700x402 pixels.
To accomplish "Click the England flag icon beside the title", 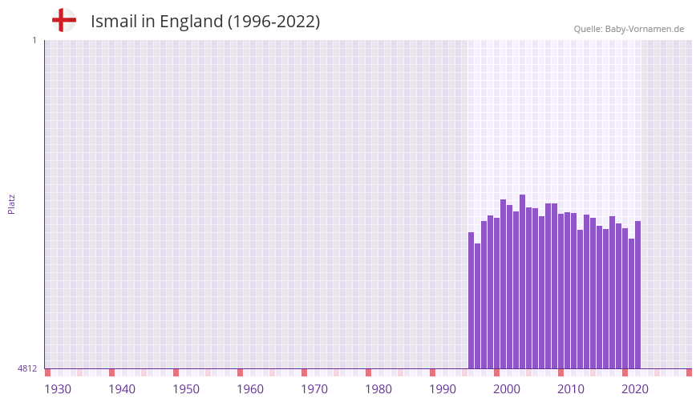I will pos(63,20).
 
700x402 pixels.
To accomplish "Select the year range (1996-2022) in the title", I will pos(273,22).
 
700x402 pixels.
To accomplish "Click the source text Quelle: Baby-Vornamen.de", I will pos(629,29).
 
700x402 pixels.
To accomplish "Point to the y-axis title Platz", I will pos(11,203).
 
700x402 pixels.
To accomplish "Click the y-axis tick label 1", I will pos(34,40).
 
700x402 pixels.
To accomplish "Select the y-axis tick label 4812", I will pos(27,368).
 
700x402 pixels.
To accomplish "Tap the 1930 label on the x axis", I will pos(58,389).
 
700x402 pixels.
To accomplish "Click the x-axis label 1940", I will pos(122,389).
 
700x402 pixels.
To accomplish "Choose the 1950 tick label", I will pos(186,389).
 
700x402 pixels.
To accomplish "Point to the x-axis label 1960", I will pos(250,389).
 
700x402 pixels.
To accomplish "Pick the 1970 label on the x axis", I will pos(314,389).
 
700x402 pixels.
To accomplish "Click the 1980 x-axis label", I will pos(378,389).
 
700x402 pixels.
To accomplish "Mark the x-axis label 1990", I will pos(443,389).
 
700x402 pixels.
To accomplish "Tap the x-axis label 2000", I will pos(507,389).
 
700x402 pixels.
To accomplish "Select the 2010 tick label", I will pos(571,389).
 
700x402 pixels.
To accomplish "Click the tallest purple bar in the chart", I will pos(522,280).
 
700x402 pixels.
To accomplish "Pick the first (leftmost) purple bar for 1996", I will pos(471,300).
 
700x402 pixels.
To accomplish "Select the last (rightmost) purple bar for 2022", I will pos(637,295).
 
